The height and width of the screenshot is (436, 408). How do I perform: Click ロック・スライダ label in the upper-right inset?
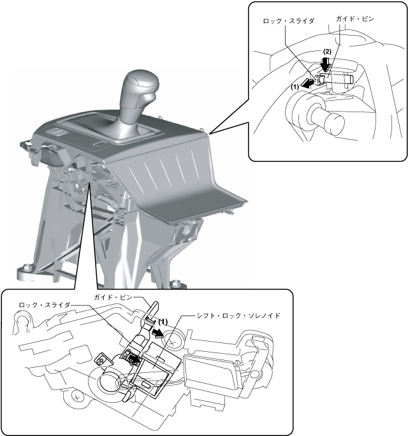pos(288,21)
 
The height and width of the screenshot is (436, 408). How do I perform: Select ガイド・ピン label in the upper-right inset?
pos(355,19)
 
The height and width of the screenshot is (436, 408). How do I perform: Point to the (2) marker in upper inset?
pos(327,52)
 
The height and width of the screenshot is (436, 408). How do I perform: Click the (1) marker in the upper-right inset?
pos(295,87)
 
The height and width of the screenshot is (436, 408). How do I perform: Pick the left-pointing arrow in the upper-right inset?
pos(307,84)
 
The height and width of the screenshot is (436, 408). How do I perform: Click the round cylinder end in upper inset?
pos(335,123)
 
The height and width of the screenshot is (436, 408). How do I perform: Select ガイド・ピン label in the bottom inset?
pos(113,297)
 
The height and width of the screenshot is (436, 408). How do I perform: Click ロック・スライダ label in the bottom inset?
pos(45,305)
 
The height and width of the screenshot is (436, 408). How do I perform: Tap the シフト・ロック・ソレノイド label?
pos(238,316)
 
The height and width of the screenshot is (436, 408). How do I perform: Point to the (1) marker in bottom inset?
pos(163,322)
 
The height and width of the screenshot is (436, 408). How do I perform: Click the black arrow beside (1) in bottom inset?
pos(157,333)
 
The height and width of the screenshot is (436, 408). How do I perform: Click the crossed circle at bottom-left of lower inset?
pos(76,398)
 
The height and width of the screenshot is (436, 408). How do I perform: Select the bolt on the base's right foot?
pos(175,284)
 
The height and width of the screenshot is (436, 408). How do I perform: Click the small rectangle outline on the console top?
pos(100,144)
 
